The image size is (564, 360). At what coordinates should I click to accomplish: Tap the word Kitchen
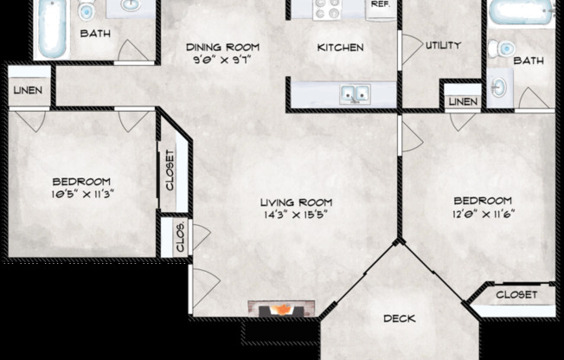click(340, 48)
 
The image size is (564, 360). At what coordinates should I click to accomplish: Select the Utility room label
click(442, 46)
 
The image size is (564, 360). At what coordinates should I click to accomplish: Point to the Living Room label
click(295, 202)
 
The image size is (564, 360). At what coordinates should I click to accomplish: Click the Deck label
click(399, 318)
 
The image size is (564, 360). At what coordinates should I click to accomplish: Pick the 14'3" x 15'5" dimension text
click(295, 215)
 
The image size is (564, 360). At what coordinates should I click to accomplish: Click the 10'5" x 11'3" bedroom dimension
click(81, 194)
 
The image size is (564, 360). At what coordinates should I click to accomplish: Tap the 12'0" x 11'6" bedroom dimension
click(483, 213)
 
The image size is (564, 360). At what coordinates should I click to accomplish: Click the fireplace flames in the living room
click(282, 308)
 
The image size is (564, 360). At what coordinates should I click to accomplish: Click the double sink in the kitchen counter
click(355, 93)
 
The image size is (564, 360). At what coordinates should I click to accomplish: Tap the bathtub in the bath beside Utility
click(520, 12)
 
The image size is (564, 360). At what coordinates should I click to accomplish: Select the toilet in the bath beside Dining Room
click(87, 10)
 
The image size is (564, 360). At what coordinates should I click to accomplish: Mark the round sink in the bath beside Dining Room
click(129, 6)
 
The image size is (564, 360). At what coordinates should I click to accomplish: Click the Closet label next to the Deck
click(516, 294)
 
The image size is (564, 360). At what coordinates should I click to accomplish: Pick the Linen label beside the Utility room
click(462, 102)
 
